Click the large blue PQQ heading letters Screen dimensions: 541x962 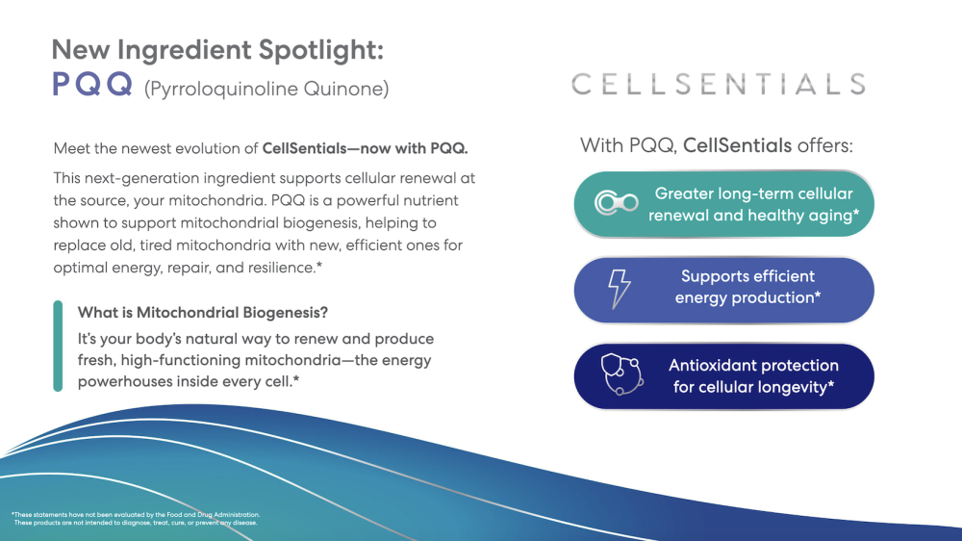[91, 86]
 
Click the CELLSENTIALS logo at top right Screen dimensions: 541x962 [719, 84]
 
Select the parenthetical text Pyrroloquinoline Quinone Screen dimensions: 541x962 [266, 90]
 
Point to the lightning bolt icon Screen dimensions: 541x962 [620, 288]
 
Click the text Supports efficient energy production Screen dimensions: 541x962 [747, 287]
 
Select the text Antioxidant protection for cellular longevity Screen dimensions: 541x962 [753, 376]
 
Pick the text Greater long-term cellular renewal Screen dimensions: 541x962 [753, 204]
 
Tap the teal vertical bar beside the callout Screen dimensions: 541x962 [58, 347]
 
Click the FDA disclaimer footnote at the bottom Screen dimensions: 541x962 [136, 519]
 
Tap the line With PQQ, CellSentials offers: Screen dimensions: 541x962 [717, 146]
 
